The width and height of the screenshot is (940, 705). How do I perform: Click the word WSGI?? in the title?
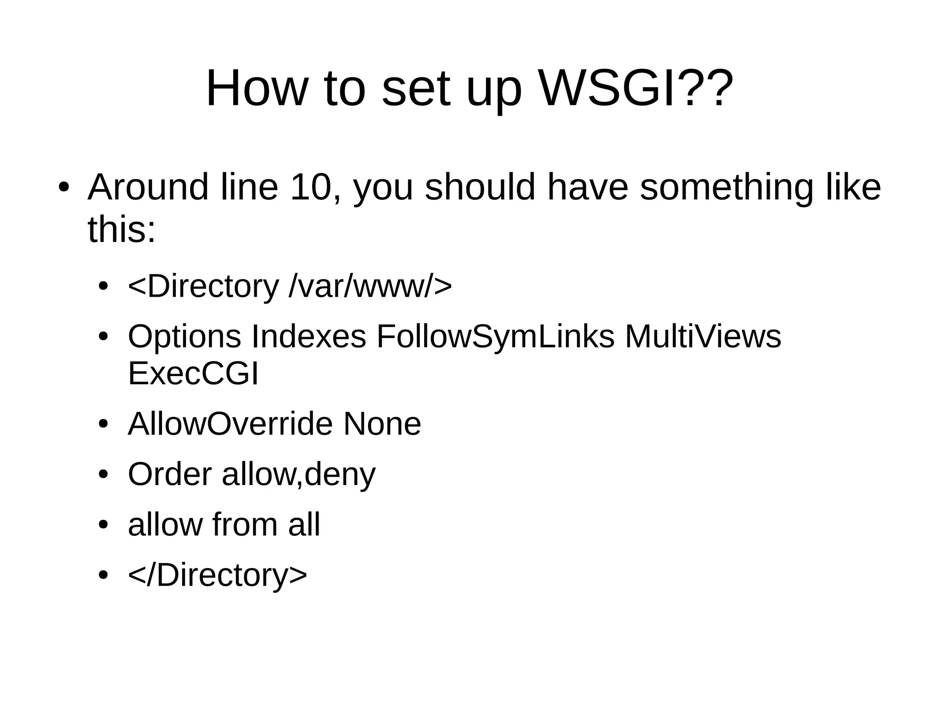tap(636, 88)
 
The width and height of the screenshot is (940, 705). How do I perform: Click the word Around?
tap(148, 187)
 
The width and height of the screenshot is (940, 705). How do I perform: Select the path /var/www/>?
tap(370, 286)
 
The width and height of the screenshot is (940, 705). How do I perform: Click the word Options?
tap(184, 336)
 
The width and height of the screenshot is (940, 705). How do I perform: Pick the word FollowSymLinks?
tap(495, 336)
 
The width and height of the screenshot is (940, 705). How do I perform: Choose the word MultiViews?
tap(703, 336)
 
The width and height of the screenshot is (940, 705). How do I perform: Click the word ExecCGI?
tap(193, 373)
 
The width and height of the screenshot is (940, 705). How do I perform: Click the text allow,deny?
tap(298, 474)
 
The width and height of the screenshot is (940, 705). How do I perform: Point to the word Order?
tap(169, 474)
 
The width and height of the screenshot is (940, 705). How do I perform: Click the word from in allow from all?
tap(245, 524)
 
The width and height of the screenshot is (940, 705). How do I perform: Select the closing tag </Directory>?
tap(217, 575)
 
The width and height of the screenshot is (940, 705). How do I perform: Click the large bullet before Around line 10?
tap(63, 188)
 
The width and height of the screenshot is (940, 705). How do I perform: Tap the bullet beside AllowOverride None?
tap(103, 424)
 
